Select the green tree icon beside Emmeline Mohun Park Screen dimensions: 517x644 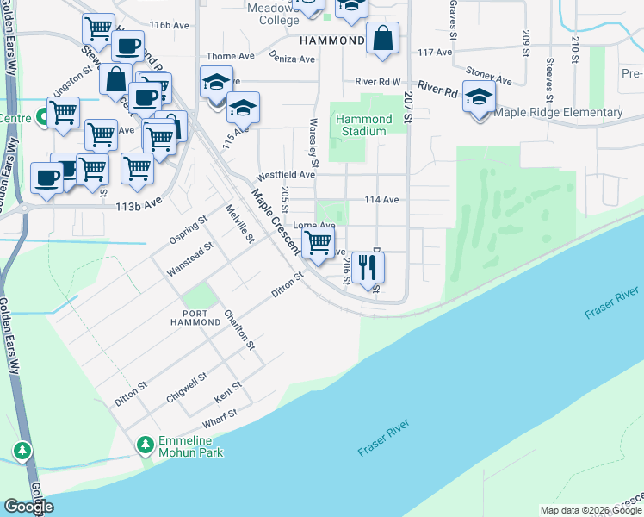[x=146, y=445]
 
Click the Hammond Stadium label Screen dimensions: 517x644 [x=361, y=125]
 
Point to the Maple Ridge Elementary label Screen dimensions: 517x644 [x=558, y=113]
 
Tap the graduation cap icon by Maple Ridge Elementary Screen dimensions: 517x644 [x=479, y=97]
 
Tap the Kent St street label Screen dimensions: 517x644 [x=228, y=392]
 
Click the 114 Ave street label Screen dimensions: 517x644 [x=381, y=200]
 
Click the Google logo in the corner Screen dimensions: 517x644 [x=28, y=507]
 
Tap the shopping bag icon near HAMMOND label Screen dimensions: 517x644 [x=382, y=39]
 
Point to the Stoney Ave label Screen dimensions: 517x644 [x=488, y=76]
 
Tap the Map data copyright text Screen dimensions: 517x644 [x=591, y=510]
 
